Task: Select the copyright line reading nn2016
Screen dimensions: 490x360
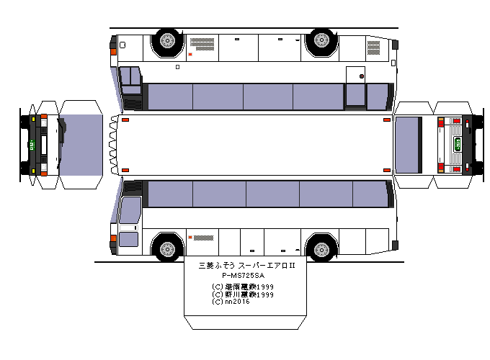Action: click(232, 302)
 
